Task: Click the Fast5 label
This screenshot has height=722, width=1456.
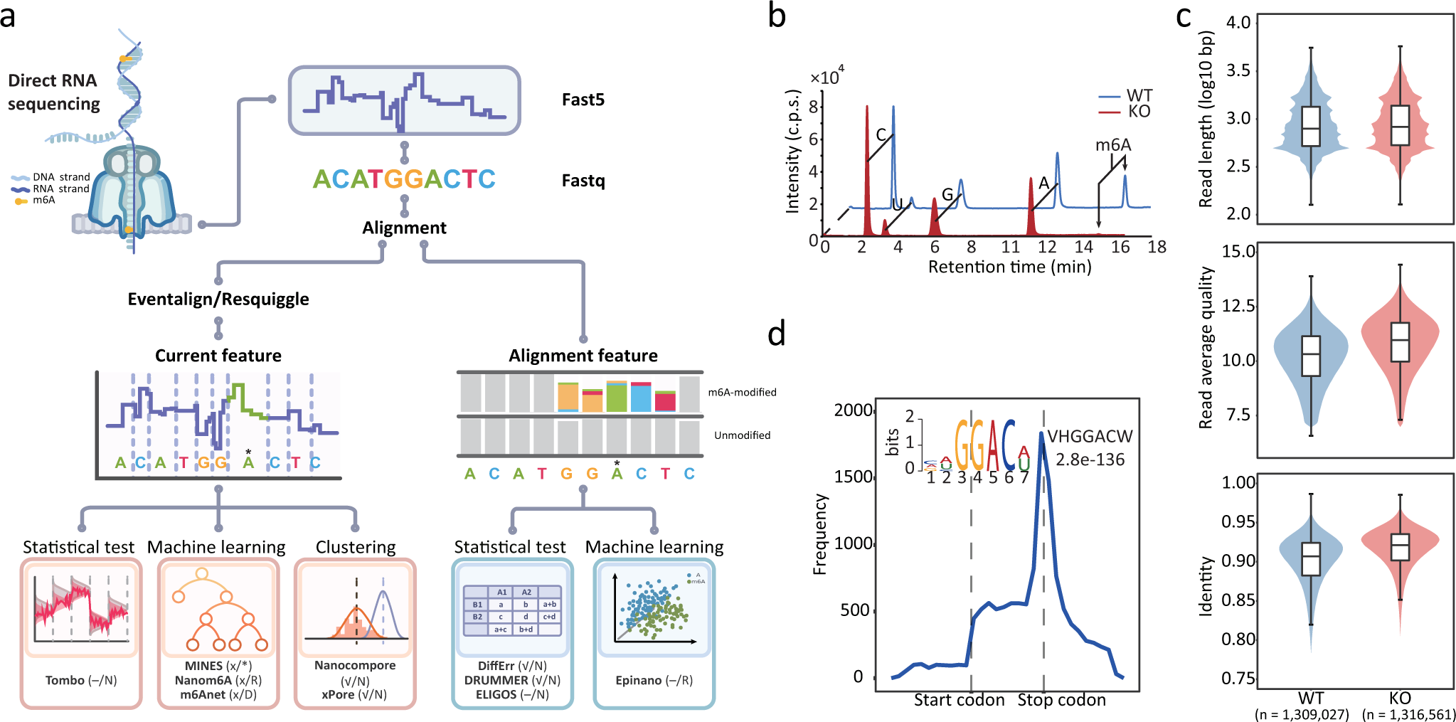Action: (583, 100)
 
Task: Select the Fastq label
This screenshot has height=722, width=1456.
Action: (583, 181)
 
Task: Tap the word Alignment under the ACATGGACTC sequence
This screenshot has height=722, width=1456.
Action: (404, 228)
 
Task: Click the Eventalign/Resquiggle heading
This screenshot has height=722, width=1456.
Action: (218, 299)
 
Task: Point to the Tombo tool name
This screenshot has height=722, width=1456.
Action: (65, 680)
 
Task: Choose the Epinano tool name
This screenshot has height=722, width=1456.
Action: (639, 680)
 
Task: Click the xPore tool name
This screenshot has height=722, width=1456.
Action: (338, 694)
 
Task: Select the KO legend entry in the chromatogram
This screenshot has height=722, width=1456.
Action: (1139, 112)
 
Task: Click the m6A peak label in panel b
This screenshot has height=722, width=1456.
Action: (1112, 145)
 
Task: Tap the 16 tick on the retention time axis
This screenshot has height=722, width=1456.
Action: (1120, 247)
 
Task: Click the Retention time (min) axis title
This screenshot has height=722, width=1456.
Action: (1009, 267)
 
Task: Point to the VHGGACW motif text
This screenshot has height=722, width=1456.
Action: (1090, 436)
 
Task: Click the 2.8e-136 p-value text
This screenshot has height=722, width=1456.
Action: (1090, 460)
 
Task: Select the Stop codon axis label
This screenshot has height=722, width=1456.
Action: (1061, 700)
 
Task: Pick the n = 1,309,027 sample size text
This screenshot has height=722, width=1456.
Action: (1301, 714)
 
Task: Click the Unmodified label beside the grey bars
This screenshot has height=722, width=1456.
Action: (742, 435)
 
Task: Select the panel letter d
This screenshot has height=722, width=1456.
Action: (777, 333)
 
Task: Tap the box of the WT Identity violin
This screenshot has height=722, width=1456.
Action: (1311, 559)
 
